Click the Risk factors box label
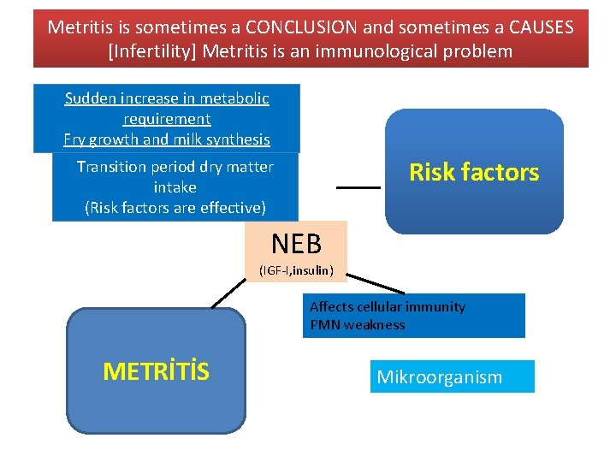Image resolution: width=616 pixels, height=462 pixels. click(474, 173)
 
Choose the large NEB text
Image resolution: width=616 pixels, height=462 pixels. click(296, 245)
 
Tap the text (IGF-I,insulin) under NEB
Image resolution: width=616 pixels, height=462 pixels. click(296, 271)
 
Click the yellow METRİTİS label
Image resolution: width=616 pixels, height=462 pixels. click(156, 371)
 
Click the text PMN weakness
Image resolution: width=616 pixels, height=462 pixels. click(358, 325)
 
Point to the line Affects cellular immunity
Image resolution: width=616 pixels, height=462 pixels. click(388, 307)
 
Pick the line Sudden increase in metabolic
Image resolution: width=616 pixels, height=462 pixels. click(167, 98)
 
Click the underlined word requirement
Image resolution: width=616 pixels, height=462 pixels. click(167, 119)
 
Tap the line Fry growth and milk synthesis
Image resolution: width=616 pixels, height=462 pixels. click(167, 139)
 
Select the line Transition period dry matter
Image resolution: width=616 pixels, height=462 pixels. click(175, 167)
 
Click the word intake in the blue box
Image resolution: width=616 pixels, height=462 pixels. click(175, 187)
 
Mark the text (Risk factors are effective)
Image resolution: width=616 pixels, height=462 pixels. click(175, 207)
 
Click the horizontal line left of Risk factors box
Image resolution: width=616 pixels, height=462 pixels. click(358, 187)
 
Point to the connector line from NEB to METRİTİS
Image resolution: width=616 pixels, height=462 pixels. click(228, 294)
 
